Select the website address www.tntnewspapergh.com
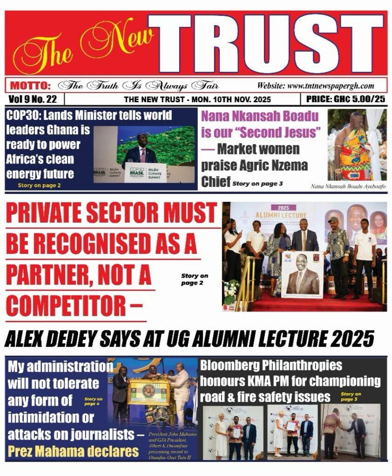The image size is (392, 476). click(x=315, y=86)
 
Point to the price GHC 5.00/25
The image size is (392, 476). click(x=345, y=99)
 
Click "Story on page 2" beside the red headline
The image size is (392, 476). click(x=195, y=279)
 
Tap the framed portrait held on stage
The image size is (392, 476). click(x=302, y=274)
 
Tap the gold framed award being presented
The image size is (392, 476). click(x=148, y=391)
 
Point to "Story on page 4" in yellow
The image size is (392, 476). click(x=94, y=402)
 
